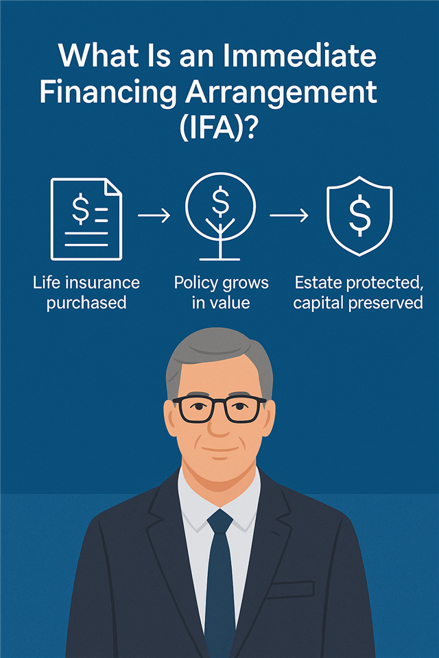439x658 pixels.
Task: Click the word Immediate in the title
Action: click(x=300, y=56)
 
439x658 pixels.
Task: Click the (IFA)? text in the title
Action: click(x=217, y=129)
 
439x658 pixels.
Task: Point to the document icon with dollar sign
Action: click(x=86, y=219)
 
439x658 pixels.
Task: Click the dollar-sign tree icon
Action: click(x=220, y=217)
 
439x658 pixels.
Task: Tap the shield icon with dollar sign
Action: click(x=359, y=216)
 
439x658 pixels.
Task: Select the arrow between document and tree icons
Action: click(x=154, y=216)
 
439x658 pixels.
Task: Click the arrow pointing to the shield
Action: click(x=289, y=216)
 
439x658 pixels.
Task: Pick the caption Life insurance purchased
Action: click(x=86, y=293)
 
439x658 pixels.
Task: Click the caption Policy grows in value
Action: click(x=221, y=293)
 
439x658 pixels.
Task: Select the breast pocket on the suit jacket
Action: click(x=291, y=589)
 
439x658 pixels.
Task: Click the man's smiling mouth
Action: click(x=219, y=450)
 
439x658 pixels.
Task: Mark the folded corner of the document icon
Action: click(x=113, y=186)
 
